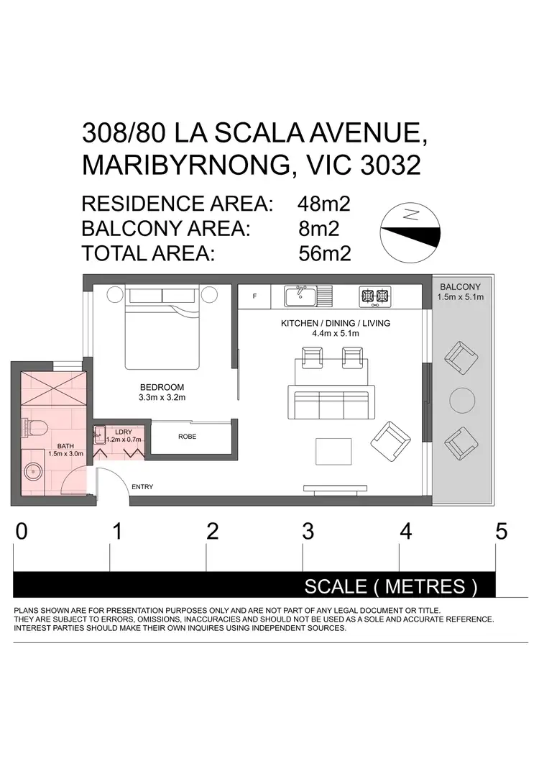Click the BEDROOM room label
(162, 387)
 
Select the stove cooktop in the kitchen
(375, 295)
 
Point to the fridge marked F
(254, 296)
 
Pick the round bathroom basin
(32, 473)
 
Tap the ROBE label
(188, 437)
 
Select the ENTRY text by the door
(142, 487)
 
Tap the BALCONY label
(461, 286)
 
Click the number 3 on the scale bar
(308, 532)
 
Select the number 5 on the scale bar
(501, 532)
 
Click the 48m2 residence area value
(323, 204)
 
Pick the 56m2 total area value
(324, 253)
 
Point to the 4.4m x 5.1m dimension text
(335, 334)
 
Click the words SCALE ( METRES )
(391, 586)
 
